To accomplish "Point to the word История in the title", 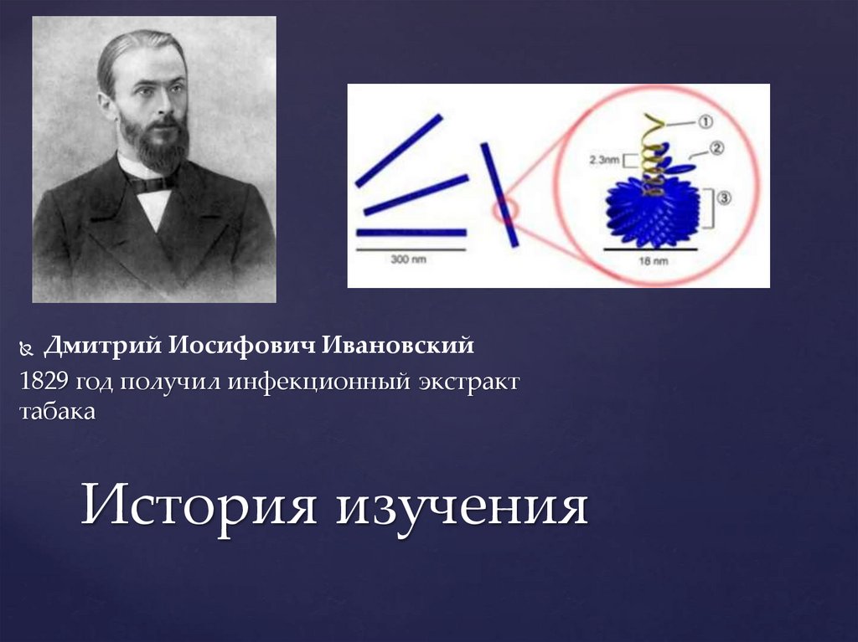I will coord(198,506).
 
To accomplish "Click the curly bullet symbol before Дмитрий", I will coord(27,346).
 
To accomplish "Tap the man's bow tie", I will coord(152,182).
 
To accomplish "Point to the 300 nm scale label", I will coord(409,259).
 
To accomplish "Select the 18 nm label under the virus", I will coord(652,261).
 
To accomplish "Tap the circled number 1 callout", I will coord(704,123).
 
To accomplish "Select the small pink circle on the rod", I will coord(504,210).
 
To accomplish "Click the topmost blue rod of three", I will coord(399,151).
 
